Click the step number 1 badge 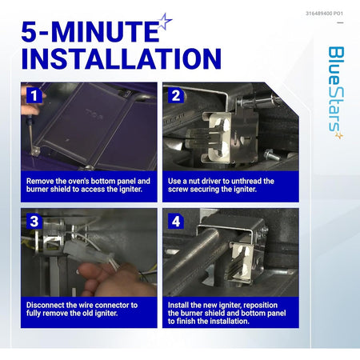(34, 95)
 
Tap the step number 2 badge (176, 95)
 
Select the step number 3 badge (34, 221)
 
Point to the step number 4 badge (176, 221)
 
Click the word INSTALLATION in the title (122, 58)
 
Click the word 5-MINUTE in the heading (90, 31)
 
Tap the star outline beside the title (166, 22)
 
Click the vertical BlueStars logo (336, 93)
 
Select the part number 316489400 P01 (324, 14)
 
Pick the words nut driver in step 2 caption (205, 181)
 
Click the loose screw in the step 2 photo (272, 154)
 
